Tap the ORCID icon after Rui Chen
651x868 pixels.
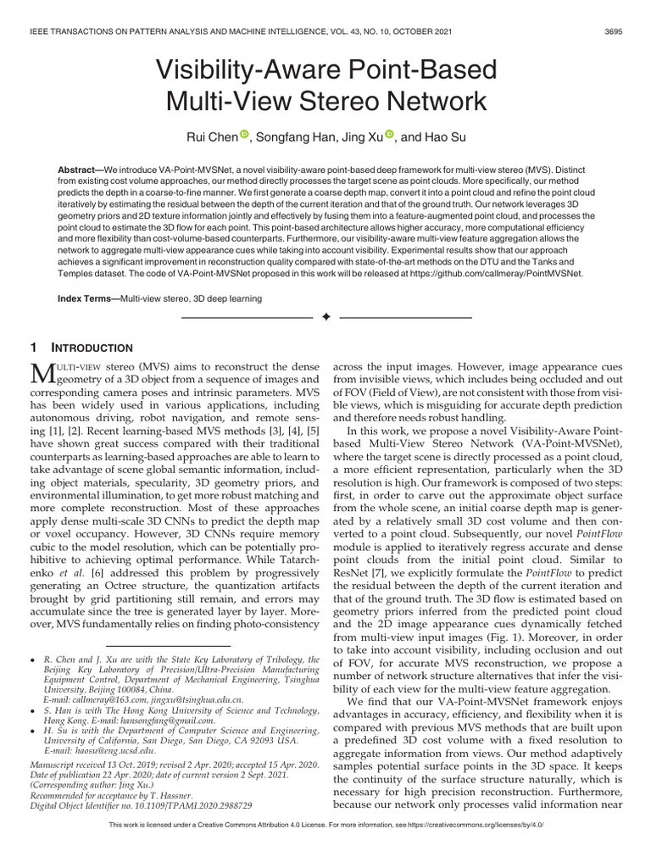coord(246,133)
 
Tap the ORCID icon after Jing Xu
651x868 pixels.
coord(390,133)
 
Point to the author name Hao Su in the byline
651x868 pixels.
coord(451,135)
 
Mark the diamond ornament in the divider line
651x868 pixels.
coord(325,317)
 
